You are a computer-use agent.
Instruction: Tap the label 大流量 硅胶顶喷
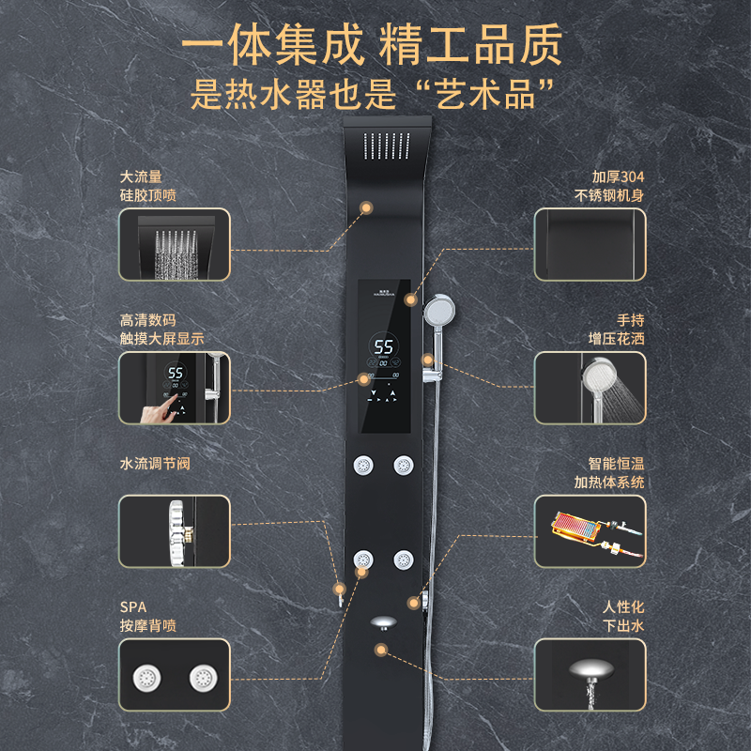pyautogui.click(x=148, y=186)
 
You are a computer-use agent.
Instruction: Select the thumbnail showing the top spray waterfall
pyautogui.click(x=174, y=243)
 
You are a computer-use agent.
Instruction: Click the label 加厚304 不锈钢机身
pyautogui.click(x=609, y=186)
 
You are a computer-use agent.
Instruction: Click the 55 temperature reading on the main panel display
pyautogui.click(x=384, y=346)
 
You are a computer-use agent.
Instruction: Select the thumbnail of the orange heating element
pyautogui.click(x=590, y=531)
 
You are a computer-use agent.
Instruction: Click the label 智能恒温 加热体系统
pyautogui.click(x=609, y=473)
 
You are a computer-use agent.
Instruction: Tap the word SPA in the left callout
pyautogui.click(x=133, y=607)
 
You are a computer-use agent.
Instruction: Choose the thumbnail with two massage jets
pyautogui.click(x=174, y=676)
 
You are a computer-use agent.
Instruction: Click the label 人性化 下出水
pyautogui.click(x=623, y=617)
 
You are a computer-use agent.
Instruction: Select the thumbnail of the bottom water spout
pyautogui.click(x=590, y=676)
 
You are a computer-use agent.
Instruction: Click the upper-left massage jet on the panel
pyautogui.click(x=362, y=465)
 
